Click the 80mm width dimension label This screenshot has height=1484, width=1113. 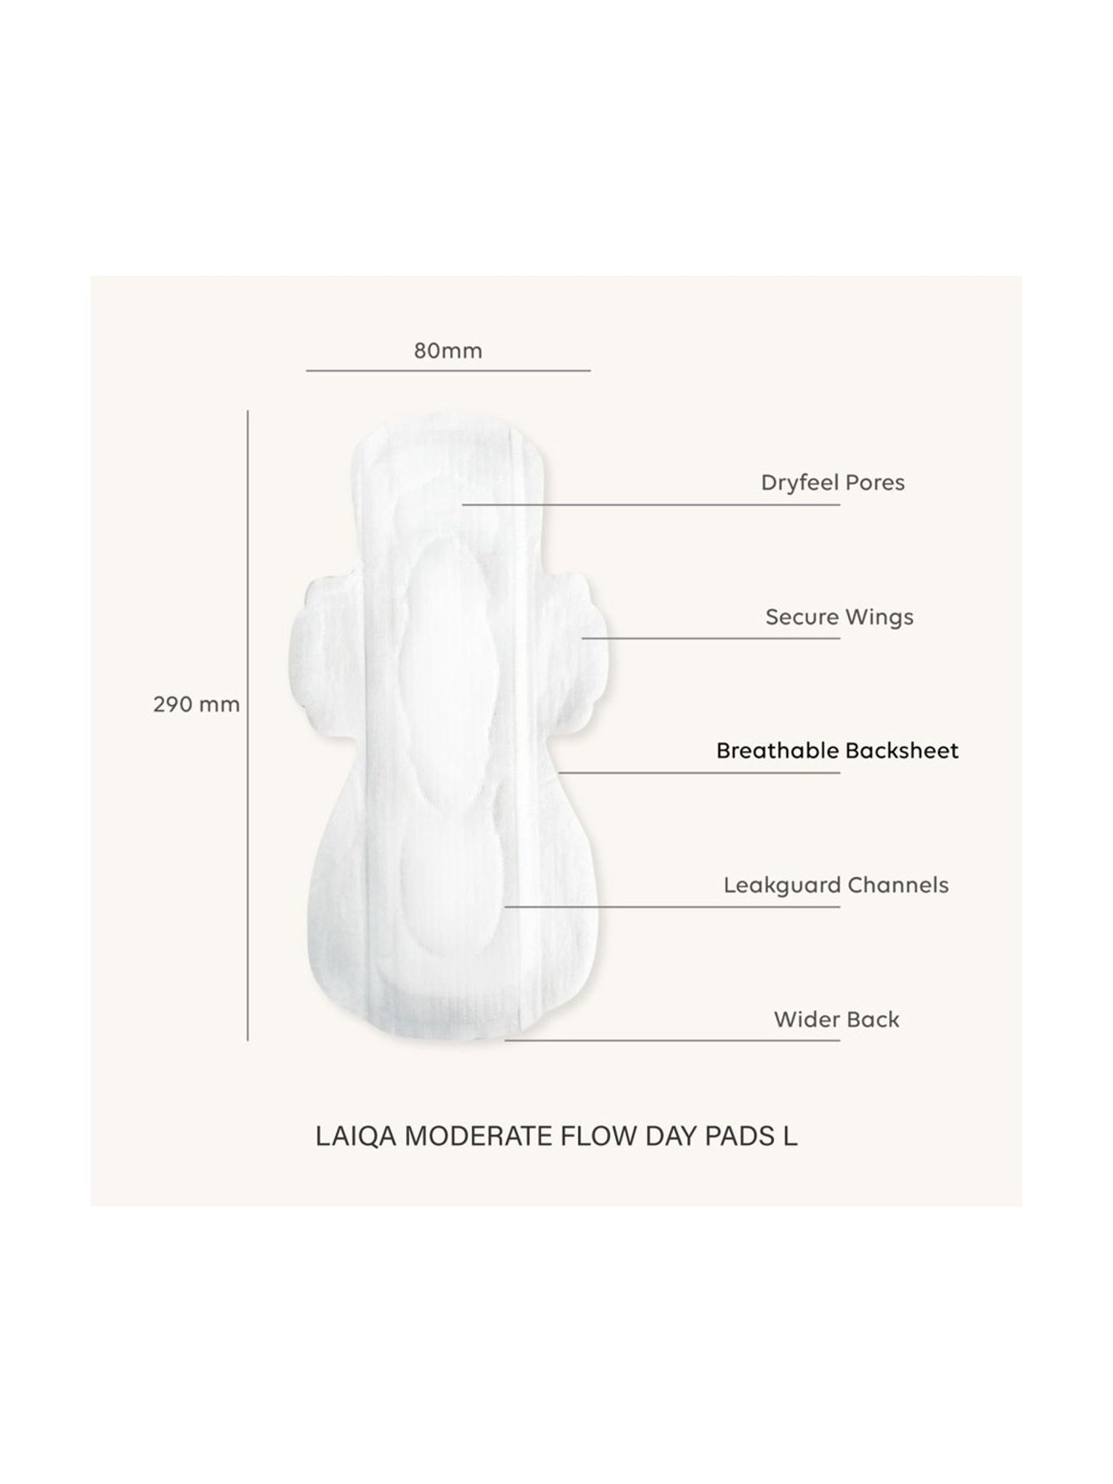coord(447,350)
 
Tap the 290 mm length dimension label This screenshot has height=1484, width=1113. coord(197,704)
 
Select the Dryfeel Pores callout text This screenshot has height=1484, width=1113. coord(833,483)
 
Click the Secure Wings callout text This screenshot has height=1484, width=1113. coord(839,617)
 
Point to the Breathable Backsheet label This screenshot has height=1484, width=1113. coord(837,751)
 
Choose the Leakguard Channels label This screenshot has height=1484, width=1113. coord(836,885)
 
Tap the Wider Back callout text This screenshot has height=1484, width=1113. coord(836,1020)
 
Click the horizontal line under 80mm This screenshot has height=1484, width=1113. coord(447,370)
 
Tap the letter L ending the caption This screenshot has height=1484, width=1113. coord(790,1137)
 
